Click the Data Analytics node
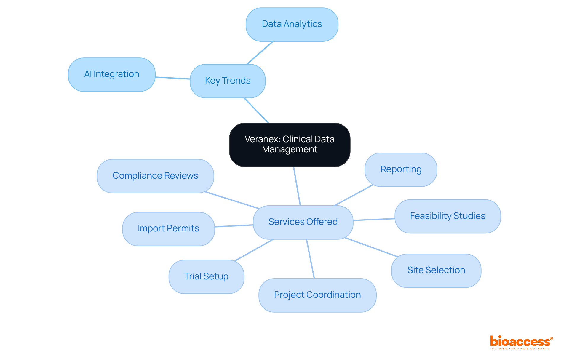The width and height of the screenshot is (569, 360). (x=292, y=24)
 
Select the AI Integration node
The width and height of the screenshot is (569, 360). (x=112, y=74)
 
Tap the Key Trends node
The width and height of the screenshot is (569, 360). (x=228, y=81)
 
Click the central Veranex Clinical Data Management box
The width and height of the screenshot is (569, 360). (x=290, y=145)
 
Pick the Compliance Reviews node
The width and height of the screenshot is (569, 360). (x=155, y=176)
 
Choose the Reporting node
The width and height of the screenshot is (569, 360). (x=401, y=169)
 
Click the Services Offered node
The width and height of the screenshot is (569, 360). (x=303, y=222)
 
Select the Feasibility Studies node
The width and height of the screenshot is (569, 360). (x=447, y=216)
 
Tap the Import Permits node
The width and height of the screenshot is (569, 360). (x=168, y=229)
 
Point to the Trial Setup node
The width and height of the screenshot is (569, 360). (x=206, y=277)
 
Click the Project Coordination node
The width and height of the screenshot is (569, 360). (x=317, y=295)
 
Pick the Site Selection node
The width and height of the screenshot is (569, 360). (x=436, y=271)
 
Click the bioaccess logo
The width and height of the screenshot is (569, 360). (x=521, y=342)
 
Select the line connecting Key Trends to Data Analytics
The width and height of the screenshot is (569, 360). (x=260, y=53)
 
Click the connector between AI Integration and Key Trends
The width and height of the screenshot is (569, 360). (x=172, y=78)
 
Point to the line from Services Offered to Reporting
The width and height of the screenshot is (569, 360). (x=353, y=195)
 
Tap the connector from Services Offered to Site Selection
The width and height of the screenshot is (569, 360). (x=371, y=247)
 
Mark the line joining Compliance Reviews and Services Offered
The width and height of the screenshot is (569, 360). (x=232, y=200)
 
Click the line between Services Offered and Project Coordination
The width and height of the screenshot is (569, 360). (x=310, y=259)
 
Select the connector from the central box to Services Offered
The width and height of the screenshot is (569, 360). (x=297, y=186)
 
